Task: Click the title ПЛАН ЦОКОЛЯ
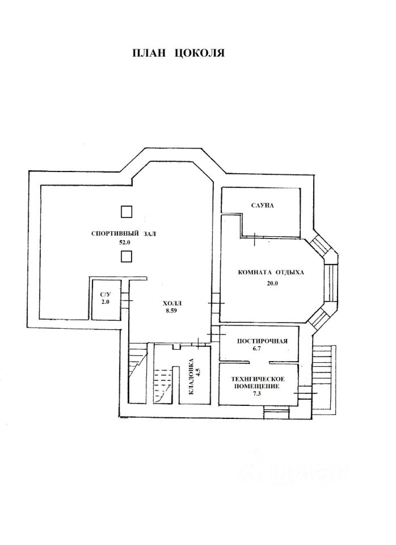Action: coord(179,54)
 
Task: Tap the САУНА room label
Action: coord(262,205)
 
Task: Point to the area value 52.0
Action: coord(124,242)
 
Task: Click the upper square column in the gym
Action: coord(127,212)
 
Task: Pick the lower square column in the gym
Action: coord(127,257)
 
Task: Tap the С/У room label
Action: coord(106,294)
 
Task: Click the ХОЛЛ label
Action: coord(171,303)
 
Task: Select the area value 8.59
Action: coord(171,311)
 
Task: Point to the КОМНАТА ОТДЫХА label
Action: coord(271,272)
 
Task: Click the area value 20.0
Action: coord(272,284)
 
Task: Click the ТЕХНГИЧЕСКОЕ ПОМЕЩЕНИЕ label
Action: coord(258,382)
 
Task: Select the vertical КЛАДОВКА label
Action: coord(191,376)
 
